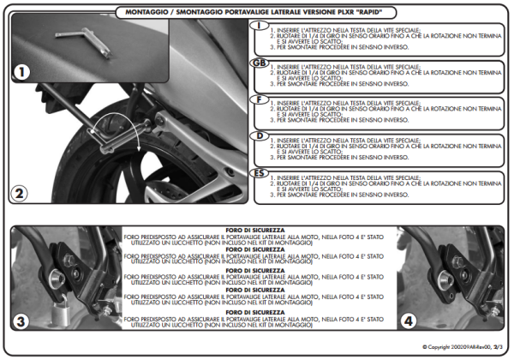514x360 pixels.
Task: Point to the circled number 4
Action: [409, 324]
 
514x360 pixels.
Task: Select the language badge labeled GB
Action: [258, 64]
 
